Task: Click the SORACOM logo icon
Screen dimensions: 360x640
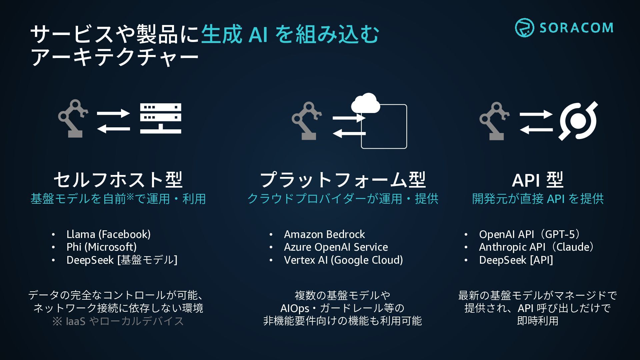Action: pyautogui.click(x=524, y=28)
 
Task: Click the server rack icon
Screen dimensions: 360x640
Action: pyautogui.click(x=161, y=118)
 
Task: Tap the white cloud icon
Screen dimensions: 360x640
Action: pyautogui.click(x=366, y=103)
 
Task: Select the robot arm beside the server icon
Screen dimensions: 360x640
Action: pyautogui.click(x=73, y=118)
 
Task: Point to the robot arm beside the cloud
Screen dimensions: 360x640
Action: pyautogui.click(x=306, y=121)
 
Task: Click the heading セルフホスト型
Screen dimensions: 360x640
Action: pyautogui.click(x=118, y=180)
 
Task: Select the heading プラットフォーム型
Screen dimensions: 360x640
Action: pyautogui.click(x=343, y=180)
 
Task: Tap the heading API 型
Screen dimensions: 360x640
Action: pyautogui.click(x=537, y=180)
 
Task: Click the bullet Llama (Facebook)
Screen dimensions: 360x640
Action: pyautogui.click(x=108, y=234)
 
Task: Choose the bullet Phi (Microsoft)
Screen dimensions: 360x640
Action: pyautogui.click(x=101, y=247)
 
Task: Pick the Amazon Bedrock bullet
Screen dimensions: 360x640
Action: pyautogui.click(x=324, y=234)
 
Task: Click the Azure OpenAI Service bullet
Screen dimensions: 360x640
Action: pyautogui.click(x=336, y=247)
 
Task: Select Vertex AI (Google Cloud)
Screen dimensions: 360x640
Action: pyautogui.click(x=343, y=260)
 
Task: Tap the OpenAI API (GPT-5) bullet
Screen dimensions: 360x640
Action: pyautogui.click(x=530, y=234)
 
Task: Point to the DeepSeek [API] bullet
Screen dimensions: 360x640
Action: pyautogui.click(x=516, y=260)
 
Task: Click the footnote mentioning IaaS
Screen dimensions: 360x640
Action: pyautogui.click(x=118, y=321)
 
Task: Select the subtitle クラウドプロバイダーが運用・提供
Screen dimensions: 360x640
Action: pyautogui.click(x=343, y=199)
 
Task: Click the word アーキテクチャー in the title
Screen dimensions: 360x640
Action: pyautogui.click(x=115, y=57)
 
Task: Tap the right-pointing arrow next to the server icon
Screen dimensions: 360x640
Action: pyautogui.click(x=113, y=113)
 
